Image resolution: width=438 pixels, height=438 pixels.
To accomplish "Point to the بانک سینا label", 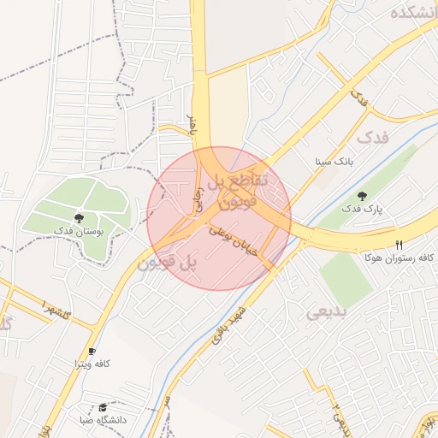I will pos(333,161).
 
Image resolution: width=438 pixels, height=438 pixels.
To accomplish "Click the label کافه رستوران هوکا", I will pos(399,257).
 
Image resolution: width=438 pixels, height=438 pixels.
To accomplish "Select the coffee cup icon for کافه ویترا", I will pos(92,351).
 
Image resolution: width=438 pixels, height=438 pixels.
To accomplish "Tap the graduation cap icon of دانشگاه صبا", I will pos(104,407).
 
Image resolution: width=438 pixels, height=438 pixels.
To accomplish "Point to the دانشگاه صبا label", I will pos(103,419).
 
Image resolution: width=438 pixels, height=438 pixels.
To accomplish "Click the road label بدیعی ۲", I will pos(340,416).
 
